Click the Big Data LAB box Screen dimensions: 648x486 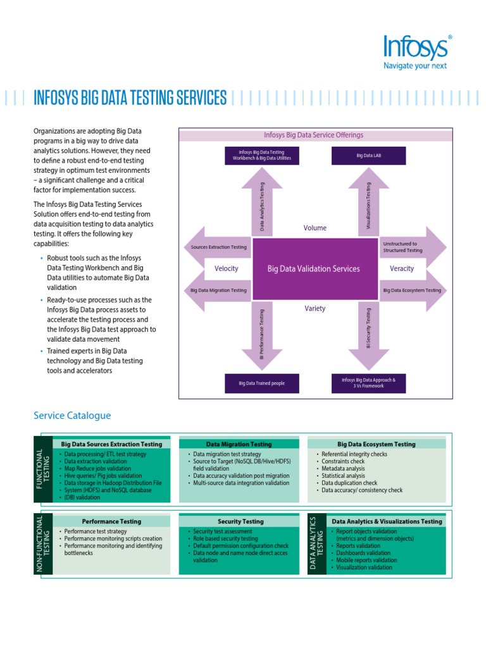click(368, 155)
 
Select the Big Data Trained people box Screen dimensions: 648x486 click(261, 383)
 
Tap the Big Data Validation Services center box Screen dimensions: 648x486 click(314, 268)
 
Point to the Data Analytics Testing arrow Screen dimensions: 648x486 click(262, 206)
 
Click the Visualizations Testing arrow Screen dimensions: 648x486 click(369, 206)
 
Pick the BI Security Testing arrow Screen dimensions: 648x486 click(368, 332)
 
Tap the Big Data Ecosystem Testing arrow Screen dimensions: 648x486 click(413, 290)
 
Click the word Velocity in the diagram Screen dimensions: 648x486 click(226, 268)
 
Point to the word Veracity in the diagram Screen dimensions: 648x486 click(402, 268)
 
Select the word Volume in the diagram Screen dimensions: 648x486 click(315, 228)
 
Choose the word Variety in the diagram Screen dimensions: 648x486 click(315, 309)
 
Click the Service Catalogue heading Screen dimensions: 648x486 click(72, 416)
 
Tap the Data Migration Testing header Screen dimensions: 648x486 click(239, 444)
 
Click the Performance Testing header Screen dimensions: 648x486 click(111, 521)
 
